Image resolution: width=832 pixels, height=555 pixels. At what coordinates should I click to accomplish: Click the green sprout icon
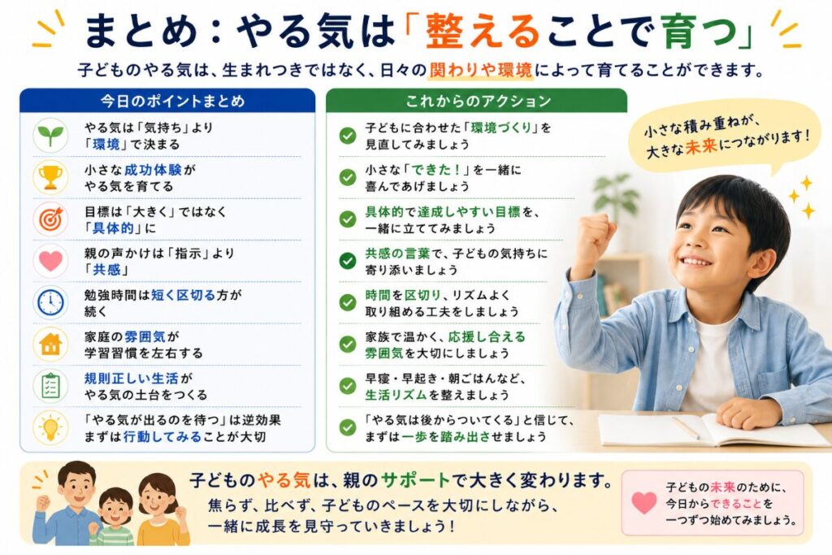(x=50, y=136)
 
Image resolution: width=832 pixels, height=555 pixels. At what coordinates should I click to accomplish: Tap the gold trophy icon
(x=50, y=177)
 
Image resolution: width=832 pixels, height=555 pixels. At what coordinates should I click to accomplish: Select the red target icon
(x=50, y=219)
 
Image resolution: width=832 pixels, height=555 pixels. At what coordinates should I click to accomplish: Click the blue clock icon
(x=50, y=302)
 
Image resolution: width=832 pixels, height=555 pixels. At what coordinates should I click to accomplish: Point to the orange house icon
(x=50, y=344)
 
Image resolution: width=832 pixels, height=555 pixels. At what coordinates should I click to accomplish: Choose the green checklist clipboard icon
(x=50, y=386)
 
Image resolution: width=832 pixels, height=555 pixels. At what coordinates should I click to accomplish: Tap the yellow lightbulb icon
(x=50, y=427)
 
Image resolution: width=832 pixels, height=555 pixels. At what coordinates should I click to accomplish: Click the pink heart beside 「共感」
(x=50, y=261)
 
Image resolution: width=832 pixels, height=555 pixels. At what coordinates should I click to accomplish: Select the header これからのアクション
(x=479, y=101)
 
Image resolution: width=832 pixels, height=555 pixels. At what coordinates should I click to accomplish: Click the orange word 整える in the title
(x=483, y=32)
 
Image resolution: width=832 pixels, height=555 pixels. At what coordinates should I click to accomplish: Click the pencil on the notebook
(x=686, y=427)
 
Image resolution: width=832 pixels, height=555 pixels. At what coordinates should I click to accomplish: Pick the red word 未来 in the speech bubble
(x=701, y=146)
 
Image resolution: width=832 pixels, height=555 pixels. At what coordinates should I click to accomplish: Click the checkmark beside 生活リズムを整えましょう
(x=348, y=386)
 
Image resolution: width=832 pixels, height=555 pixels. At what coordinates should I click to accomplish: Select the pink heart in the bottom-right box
(x=644, y=502)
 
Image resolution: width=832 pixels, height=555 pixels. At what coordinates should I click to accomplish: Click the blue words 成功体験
(x=153, y=170)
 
